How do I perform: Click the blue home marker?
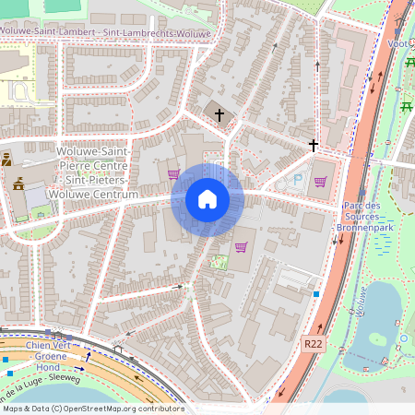(x=207, y=199)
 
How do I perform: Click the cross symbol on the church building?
(x=219, y=115)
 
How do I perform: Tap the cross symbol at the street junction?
(x=314, y=146)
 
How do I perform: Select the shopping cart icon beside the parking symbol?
(x=320, y=182)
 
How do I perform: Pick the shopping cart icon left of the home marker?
(x=173, y=172)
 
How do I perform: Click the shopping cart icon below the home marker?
(x=242, y=247)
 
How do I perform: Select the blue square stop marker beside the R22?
(x=316, y=294)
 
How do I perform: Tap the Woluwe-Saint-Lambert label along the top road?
(x=106, y=33)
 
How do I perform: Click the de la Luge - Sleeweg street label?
(x=41, y=378)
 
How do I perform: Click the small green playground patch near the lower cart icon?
(x=219, y=262)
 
